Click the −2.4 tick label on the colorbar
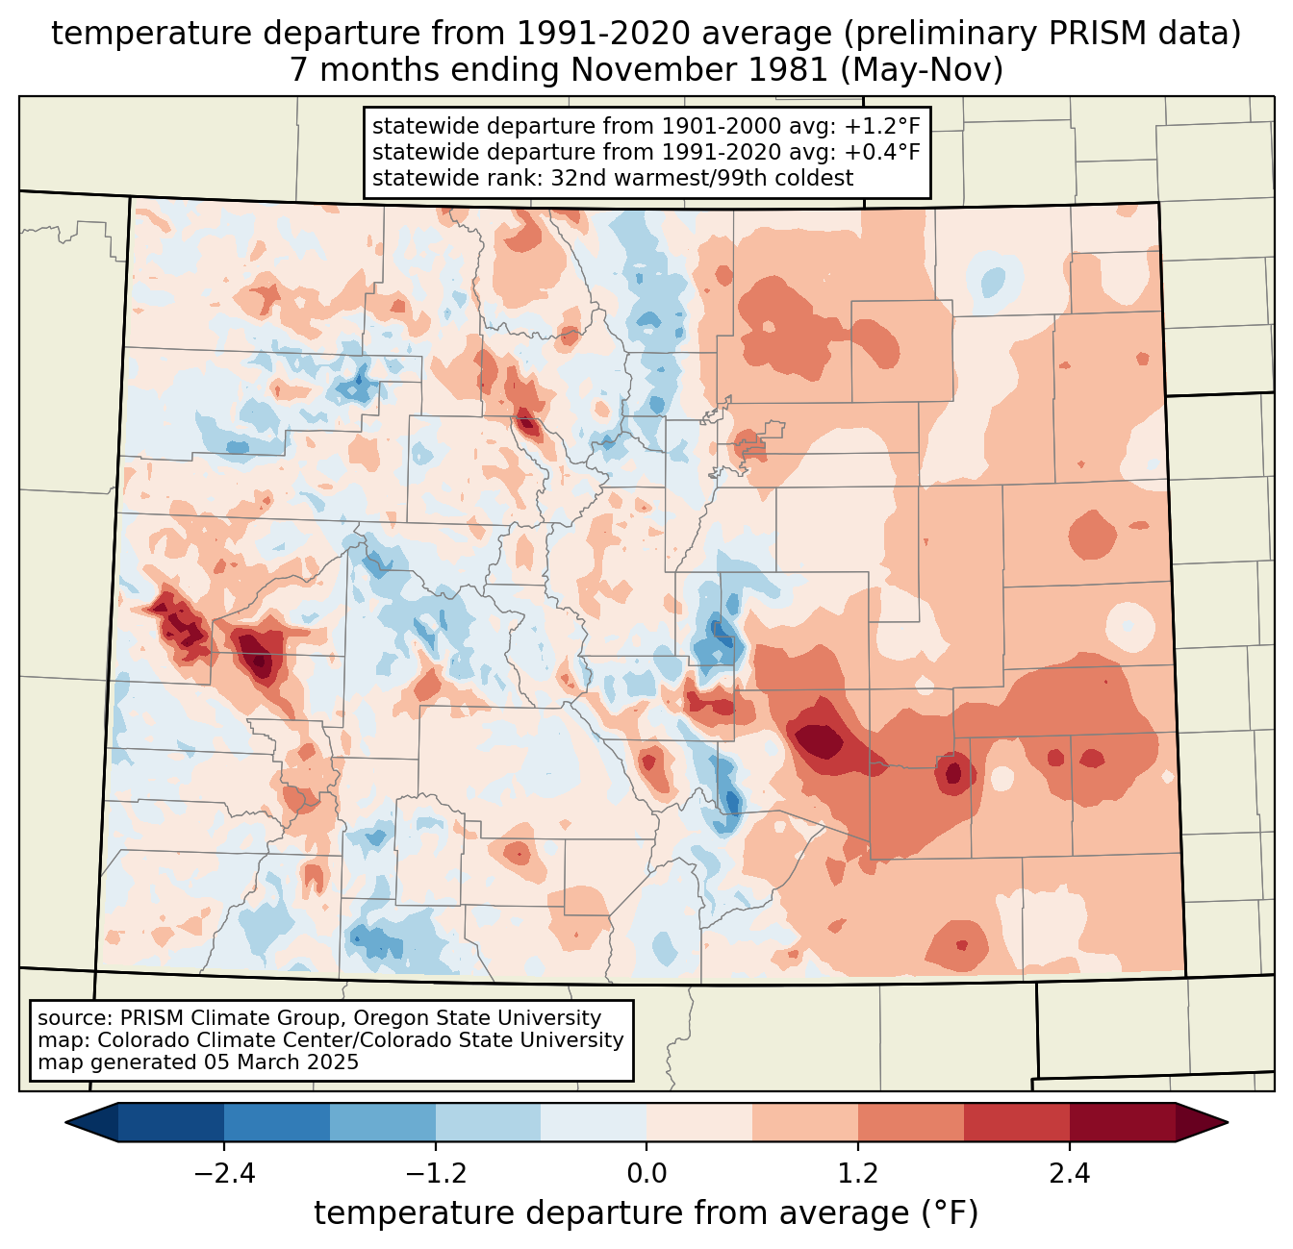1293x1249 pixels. tap(223, 1174)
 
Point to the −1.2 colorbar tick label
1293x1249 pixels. tap(435, 1174)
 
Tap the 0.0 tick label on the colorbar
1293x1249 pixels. tap(646, 1174)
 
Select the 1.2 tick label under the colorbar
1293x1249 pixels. tap(858, 1174)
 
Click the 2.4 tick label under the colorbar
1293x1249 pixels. tap(1070, 1174)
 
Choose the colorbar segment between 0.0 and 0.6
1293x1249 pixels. tap(699, 1122)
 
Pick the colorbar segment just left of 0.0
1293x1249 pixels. tap(594, 1122)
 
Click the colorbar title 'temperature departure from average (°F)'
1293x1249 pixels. tap(646, 1213)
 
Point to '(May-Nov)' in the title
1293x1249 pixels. tap(924, 70)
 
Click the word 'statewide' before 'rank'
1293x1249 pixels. tap(415, 178)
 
